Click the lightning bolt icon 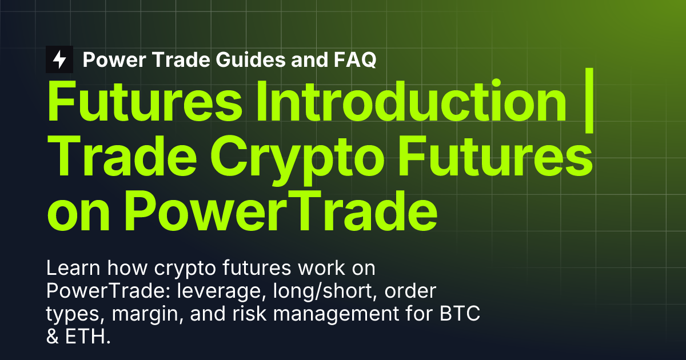pyautogui.click(x=59, y=59)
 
